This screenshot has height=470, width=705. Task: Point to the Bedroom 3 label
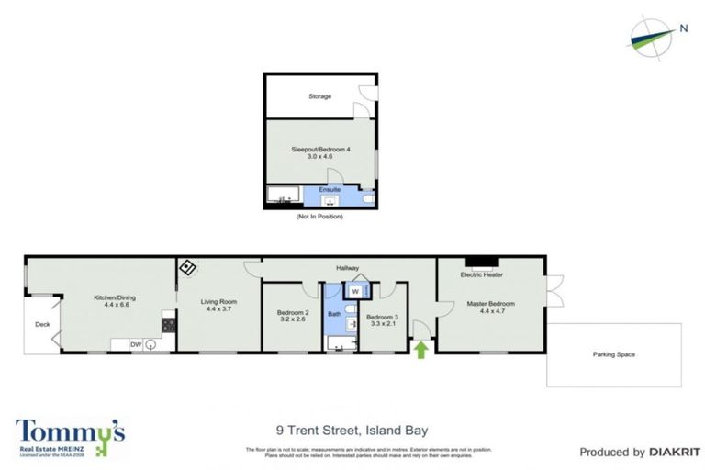(384, 321)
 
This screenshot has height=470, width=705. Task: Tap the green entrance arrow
(422, 349)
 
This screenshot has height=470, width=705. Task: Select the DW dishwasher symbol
(136, 344)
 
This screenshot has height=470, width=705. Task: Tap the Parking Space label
(613, 354)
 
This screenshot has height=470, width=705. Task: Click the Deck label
(41, 324)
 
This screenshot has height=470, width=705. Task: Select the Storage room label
(319, 95)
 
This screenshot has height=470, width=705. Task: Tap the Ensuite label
(330, 189)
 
